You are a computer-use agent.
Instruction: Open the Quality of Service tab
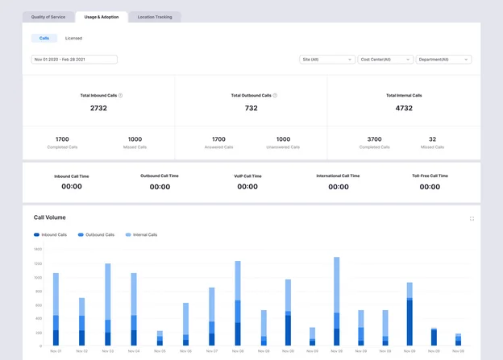48,16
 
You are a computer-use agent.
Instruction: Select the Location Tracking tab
155,16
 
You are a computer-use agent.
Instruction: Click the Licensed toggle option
73,38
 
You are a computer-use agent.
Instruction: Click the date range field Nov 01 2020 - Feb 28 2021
74,59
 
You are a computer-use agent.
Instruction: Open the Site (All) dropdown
326,59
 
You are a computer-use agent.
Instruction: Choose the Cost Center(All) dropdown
385,59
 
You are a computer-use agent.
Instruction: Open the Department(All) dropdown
443,59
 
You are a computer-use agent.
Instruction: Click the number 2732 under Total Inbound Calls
98,108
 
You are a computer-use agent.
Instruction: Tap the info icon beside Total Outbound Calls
275,95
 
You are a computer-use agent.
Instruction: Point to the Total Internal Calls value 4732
403,108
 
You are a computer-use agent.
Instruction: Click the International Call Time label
339,176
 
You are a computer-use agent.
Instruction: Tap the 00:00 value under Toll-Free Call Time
430,187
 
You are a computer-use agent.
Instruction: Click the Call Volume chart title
50,217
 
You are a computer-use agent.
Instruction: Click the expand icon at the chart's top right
472,218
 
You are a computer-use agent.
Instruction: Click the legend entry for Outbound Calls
95,235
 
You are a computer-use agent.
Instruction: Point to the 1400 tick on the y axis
38,250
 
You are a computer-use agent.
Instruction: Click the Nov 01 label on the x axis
56,351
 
